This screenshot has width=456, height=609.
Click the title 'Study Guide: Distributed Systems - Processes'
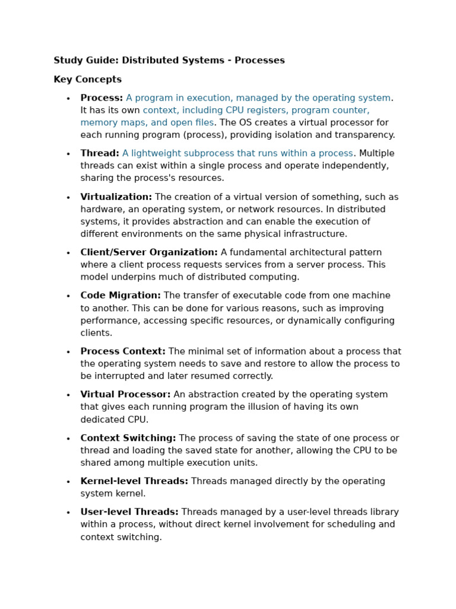coord(169,61)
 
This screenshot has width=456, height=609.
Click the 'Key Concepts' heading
coord(87,80)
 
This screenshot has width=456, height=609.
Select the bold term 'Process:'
coord(102,98)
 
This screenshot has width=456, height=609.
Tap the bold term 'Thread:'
coord(100,153)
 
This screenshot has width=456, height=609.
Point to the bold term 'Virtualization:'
coord(116,197)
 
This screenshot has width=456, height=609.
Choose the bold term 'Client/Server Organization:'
coord(149,252)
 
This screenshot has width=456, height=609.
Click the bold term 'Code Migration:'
coord(121,296)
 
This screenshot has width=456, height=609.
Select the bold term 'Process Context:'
coord(123,351)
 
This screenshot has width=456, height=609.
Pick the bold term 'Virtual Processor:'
coord(125,394)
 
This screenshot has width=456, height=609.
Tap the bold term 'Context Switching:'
coord(128,438)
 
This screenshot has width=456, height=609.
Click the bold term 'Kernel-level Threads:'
coord(134,481)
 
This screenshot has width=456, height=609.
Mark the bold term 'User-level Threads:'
coord(129,512)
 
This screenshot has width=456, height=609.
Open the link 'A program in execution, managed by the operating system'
coord(258,98)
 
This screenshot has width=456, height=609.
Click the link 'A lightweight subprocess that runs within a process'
coord(237,153)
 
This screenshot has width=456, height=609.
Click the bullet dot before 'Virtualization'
coord(68,197)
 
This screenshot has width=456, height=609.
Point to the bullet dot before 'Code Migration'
coord(68,296)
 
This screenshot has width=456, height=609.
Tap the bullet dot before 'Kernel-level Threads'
coord(68,482)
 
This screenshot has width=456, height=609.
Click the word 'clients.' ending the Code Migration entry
coord(96,333)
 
